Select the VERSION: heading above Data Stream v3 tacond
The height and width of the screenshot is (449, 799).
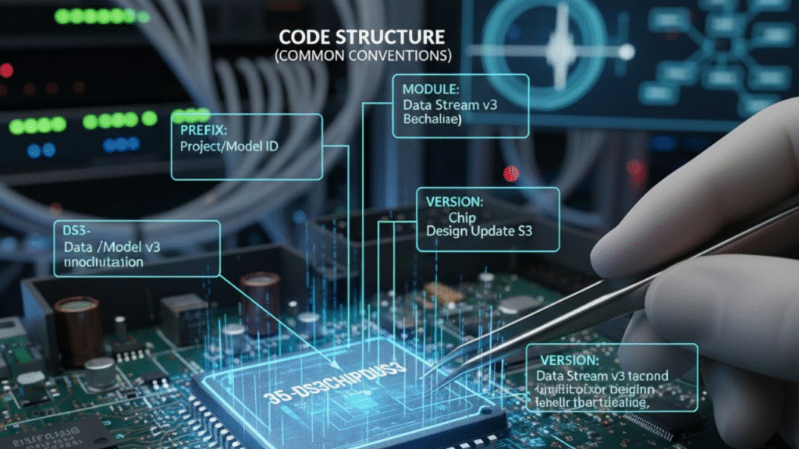click(x=568, y=360)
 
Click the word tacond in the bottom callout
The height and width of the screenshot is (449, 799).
click(x=648, y=376)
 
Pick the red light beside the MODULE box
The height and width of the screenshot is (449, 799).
click(x=511, y=172)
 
